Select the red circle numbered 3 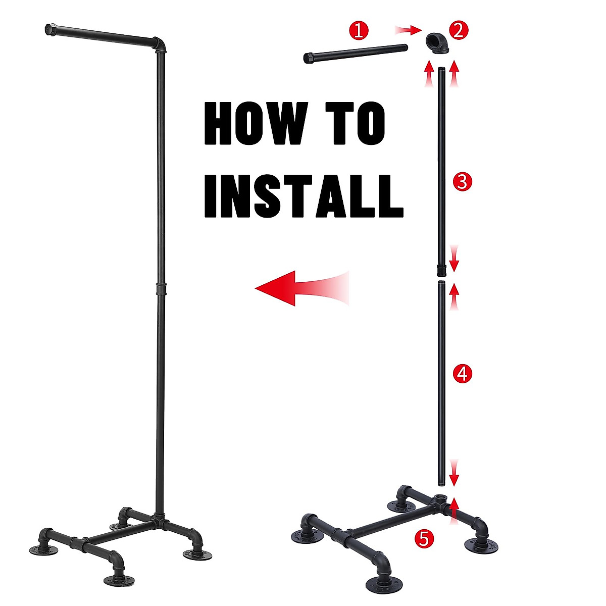pos(463,180)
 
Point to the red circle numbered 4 pos(463,374)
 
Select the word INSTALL pos(304,196)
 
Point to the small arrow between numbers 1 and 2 pos(408,31)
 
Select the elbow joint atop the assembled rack pos(160,44)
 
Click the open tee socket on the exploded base pos(442,500)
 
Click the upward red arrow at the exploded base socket pos(455,506)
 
